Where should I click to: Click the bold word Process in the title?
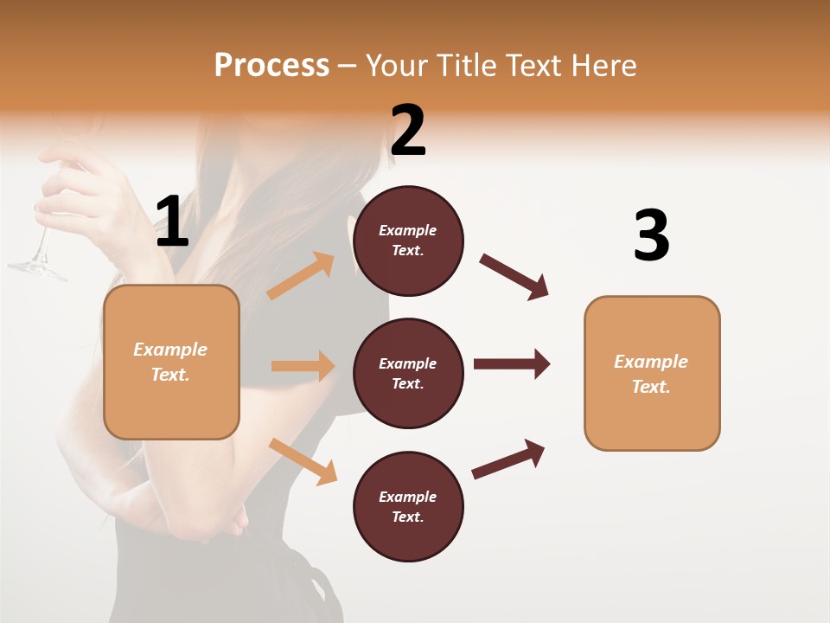click(271, 66)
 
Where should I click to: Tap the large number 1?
click(172, 222)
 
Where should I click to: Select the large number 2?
click(408, 131)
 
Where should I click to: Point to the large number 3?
click(651, 236)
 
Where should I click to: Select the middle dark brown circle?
click(408, 373)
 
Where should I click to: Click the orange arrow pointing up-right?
click(301, 276)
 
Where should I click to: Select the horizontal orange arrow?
click(303, 366)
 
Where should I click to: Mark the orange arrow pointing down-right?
click(303, 461)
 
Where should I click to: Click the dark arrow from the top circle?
click(514, 277)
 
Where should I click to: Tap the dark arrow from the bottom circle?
click(508, 459)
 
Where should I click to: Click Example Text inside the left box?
click(170, 362)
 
